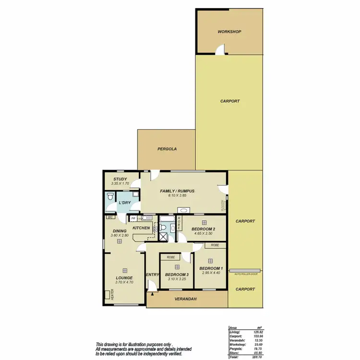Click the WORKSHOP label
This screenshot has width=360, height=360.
(229, 32)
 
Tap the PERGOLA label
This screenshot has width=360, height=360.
(167, 149)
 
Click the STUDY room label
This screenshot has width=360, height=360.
(117, 179)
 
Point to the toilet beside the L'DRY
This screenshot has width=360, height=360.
(110, 197)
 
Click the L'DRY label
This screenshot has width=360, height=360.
(124, 203)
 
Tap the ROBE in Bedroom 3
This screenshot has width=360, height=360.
(171, 257)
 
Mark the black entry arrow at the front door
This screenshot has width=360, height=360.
(152, 289)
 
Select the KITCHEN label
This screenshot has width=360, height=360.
(142, 228)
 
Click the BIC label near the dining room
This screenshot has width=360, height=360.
(110, 217)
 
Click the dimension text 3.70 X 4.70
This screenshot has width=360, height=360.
(124, 282)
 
